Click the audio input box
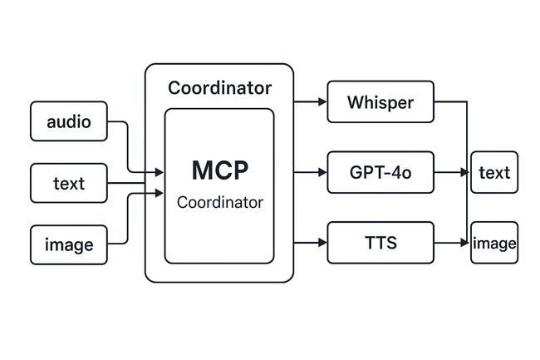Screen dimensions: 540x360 [69, 121]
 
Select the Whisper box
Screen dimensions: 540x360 [380, 101]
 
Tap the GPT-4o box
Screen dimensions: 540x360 [380, 172]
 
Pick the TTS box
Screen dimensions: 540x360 [380, 243]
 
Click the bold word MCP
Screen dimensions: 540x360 [219, 170]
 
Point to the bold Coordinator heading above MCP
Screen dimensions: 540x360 [219, 88]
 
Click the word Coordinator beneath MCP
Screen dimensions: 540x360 [219, 202]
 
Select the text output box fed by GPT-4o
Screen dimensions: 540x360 [494, 172]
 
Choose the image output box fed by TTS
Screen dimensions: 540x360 [494, 243]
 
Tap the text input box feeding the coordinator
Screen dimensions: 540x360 [69, 183]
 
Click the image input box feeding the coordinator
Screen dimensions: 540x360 [69, 245]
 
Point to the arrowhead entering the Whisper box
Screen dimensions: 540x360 [322, 101]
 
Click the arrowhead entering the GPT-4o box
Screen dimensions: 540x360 [322, 172]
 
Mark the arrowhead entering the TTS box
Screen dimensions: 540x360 [322, 243]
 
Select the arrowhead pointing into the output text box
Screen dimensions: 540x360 [465, 172]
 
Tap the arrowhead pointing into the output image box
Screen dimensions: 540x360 [465, 243]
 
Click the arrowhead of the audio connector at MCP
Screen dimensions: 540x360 [160, 172]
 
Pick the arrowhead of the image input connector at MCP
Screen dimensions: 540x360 [160, 193]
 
